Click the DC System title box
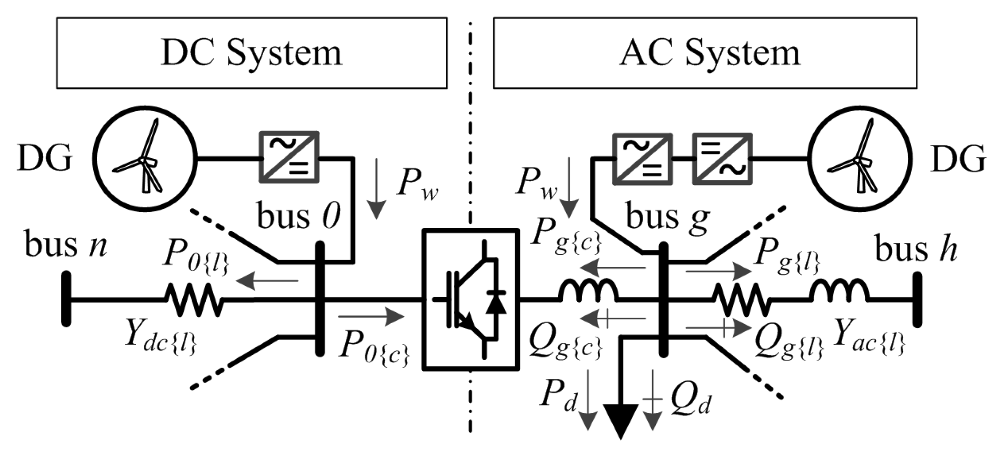[x=251, y=53]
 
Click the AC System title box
[x=704, y=53]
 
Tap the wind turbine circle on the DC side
[x=144, y=160]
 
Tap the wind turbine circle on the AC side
[x=860, y=160]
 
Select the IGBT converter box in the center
[x=471, y=299]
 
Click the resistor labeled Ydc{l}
[x=194, y=300]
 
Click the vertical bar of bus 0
[x=320, y=299]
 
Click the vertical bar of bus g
[x=663, y=299]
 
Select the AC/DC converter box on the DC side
[x=289, y=157]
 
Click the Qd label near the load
[x=690, y=401]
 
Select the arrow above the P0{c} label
[x=370, y=317]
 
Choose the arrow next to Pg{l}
[x=718, y=271]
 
